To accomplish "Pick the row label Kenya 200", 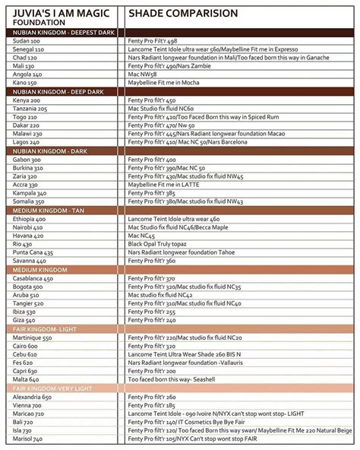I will (27, 100).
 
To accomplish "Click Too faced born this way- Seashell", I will (172, 379).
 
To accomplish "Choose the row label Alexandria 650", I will (33, 397).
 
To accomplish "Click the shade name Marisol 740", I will (28, 439).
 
